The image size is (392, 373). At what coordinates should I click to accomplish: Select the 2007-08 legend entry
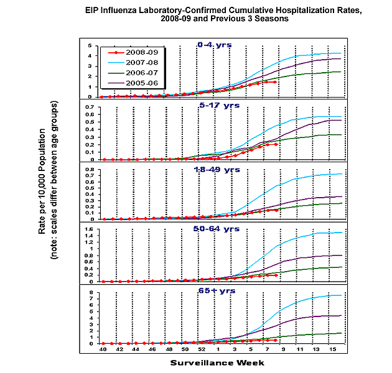click(138, 63)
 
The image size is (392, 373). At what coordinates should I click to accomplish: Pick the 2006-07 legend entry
click(138, 72)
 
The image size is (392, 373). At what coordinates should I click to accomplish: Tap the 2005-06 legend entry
click(138, 81)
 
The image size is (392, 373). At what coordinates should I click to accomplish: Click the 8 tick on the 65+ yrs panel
click(91, 292)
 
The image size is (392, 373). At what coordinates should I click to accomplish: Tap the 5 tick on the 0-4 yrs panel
click(91, 45)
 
